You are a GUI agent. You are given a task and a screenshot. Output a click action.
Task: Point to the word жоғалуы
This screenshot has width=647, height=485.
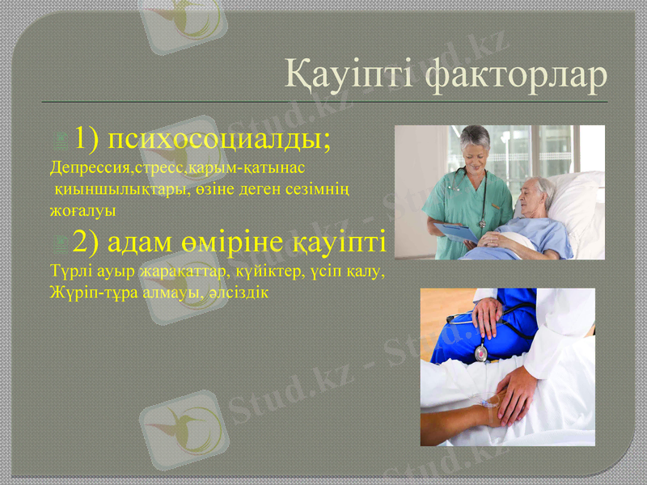pyautogui.click(x=82, y=210)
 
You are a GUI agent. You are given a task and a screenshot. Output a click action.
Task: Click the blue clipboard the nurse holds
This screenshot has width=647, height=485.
pyautogui.click(x=458, y=233)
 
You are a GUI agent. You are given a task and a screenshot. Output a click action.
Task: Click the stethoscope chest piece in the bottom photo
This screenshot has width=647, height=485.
pyautogui.click(x=481, y=353)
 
